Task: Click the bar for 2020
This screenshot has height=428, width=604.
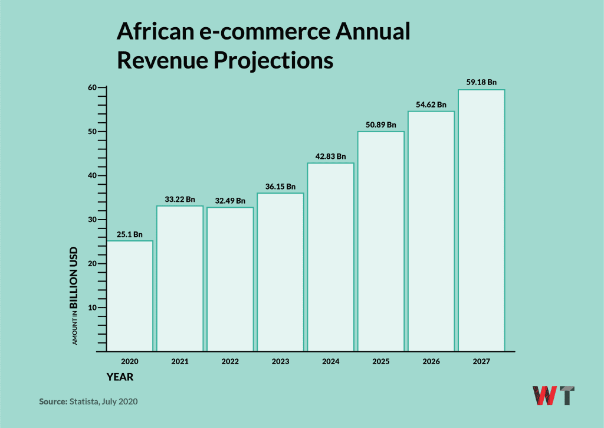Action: [x=130, y=295]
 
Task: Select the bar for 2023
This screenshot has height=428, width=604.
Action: [x=280, y=272]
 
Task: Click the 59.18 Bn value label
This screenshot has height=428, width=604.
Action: [x=481, y=82]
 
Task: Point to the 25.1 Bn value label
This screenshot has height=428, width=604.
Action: [x=130, y=234]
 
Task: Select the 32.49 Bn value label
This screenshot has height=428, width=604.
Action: [x=230, y=201]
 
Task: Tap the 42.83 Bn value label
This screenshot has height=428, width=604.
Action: [x=330, y=156]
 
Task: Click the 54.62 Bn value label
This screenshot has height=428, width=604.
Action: [x=431, y=104]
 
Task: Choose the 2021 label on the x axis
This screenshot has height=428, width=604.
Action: [x=180, y=361]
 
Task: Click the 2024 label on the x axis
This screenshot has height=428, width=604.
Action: [x=330, y=361]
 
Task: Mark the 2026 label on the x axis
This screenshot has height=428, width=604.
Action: [x=431, y=361]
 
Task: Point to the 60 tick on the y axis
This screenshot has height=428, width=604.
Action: [x=92, y=87]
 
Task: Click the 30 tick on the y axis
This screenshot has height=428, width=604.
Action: [x=92, y=220]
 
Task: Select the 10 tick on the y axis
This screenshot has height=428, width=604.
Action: [x=92, y=308]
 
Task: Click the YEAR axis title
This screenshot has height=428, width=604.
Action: [x=120, y=377]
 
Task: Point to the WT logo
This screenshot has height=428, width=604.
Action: [x=553, y=396]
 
